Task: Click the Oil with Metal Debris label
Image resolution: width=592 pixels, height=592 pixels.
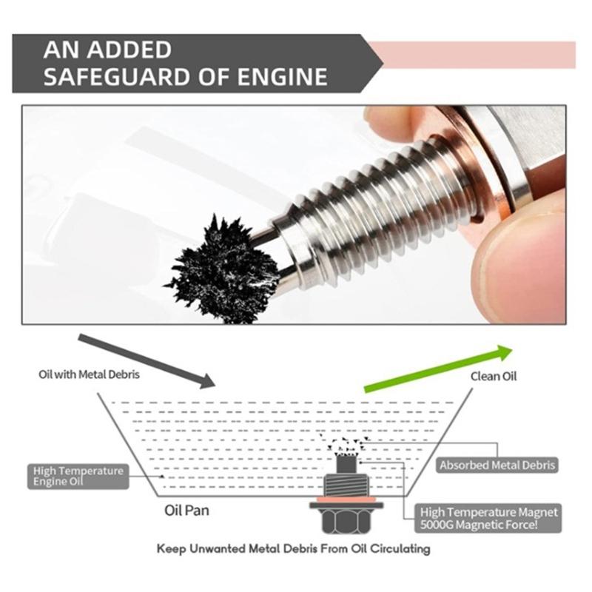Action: (x=89, y=374)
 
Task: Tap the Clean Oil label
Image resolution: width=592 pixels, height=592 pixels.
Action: (x=494, y=376)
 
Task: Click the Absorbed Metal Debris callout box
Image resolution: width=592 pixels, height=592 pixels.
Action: (x=497, y=465)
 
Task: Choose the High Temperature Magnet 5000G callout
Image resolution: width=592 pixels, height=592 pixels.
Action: (x=489, y=517)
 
